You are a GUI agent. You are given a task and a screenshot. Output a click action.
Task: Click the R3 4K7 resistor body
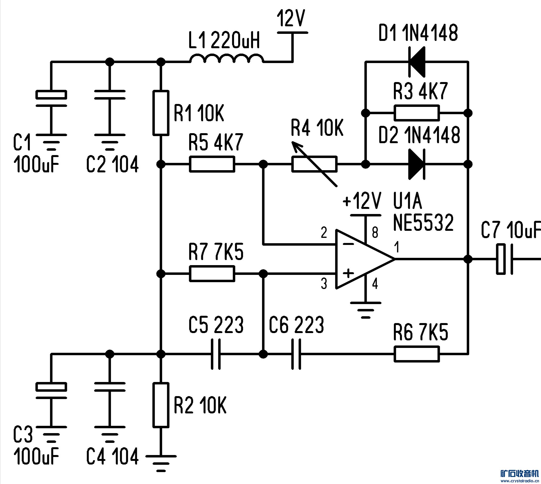click(x=417, y=113)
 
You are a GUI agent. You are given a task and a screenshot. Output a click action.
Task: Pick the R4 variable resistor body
click(x=314, y=164)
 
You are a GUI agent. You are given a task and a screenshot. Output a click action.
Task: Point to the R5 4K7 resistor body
click(x=212, y=164)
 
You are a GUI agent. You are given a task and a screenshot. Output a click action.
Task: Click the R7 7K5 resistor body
click(x=212, y=273)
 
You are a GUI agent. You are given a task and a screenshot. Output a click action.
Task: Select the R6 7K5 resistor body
click(x=417, y=354)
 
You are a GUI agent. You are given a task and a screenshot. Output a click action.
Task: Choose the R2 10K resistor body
click(x=161, y=405)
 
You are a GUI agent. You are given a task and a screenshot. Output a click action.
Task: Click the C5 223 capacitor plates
click(x=216, y=354)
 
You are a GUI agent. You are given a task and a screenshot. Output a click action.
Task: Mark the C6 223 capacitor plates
click(x=296, y=354)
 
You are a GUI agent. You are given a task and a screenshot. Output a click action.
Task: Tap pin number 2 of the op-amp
click(x=324, y=233)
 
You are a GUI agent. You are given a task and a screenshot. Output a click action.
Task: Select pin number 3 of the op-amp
click(x=324, y=284)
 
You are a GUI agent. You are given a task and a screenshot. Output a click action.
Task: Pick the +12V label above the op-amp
click(x=362, y=201)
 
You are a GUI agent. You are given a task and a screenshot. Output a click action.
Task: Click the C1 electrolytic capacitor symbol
click(x=51, y=98)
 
